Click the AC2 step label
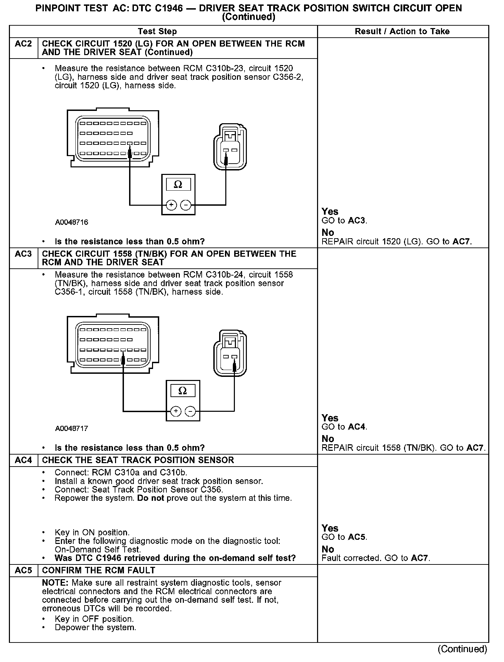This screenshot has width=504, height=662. [x=23, y=44]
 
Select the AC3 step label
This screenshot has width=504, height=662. [x=23, y=254]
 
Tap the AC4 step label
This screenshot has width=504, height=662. [x=23, y=460]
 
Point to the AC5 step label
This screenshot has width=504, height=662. [x=23, y=570]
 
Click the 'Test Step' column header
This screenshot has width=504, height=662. [x=157, y=31]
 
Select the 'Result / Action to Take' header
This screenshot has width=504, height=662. [x=402, y=31]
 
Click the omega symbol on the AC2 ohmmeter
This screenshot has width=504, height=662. [x=178, y=185]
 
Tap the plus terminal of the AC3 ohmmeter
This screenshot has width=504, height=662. [x=176, y=411]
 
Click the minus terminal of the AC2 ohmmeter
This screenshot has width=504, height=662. [x=186, y=205]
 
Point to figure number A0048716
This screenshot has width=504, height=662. [x=72, y=222]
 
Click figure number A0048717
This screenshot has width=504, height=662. [x=72, y=429]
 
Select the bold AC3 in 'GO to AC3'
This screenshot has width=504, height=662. [x=356, y=221]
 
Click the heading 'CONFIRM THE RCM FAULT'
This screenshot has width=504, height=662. [x=99, y=570]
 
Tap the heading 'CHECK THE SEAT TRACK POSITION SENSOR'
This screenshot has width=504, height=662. [x=138, y=460]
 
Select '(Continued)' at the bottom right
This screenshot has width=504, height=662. [x=462, y=649]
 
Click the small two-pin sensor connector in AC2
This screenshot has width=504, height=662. [x=230, y=148]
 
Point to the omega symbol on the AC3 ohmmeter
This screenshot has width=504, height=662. [x=182, y=391]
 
